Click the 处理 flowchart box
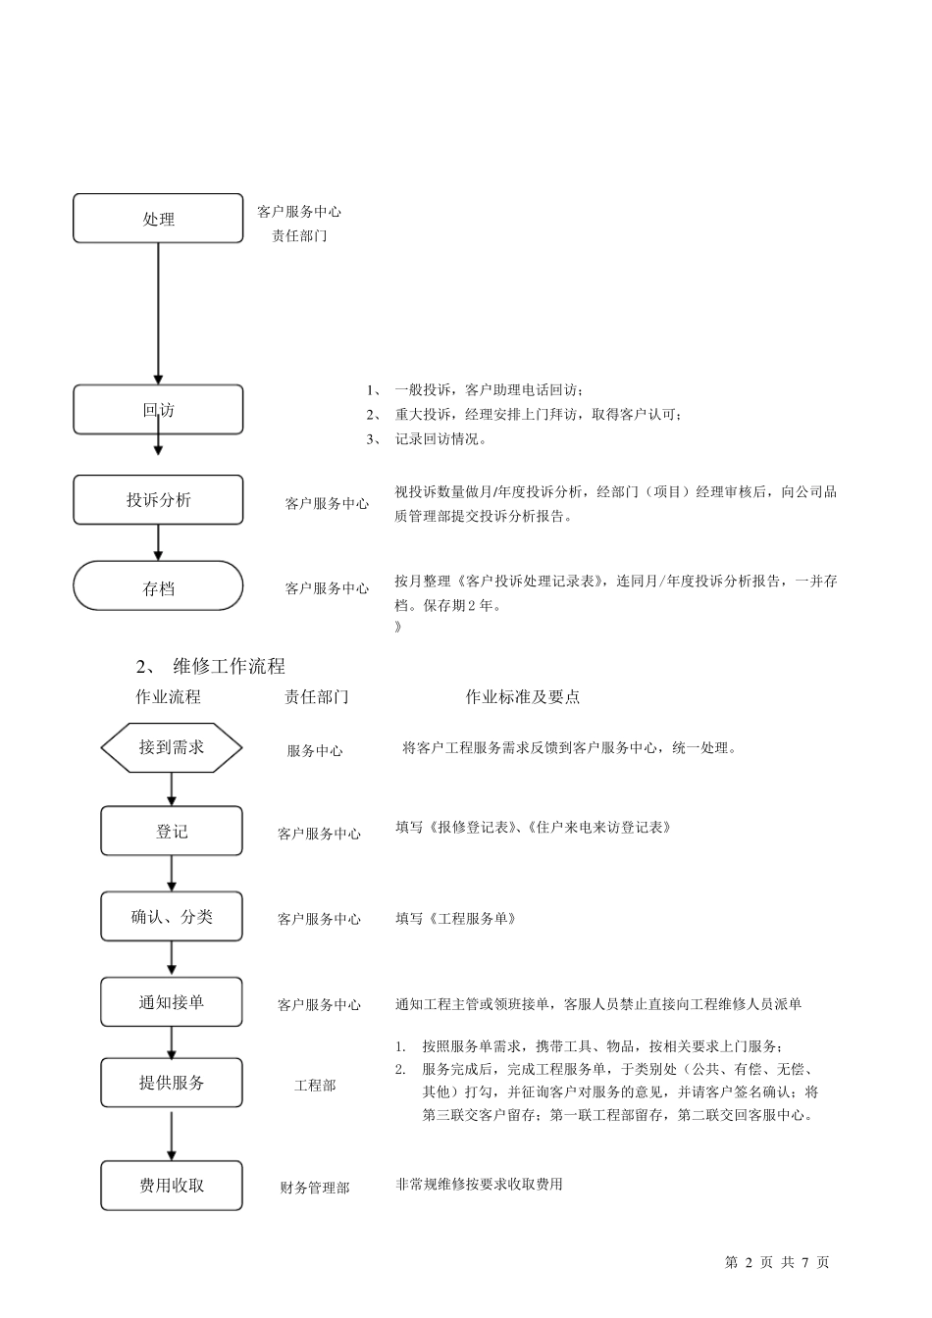point(158,219)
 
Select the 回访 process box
point(158,409)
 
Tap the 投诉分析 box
point(158,500)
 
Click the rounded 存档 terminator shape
point(158,586)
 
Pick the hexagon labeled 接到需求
point(172,747)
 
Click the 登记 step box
point(172,831)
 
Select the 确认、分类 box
point(172,917)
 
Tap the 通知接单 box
point(172,1002)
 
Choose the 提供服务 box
point(172,1083)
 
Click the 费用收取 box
point(172,1186)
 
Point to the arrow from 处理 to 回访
point(158,314)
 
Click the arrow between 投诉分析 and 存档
point(158,542)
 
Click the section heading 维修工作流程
point(229,667)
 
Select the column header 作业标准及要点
point(523,697)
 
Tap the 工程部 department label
point(315,1086)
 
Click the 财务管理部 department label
point(315,1188)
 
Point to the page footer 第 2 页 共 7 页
point(777,1262)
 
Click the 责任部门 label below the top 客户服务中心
point(299,236)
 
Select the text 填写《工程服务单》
point(456,919)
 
